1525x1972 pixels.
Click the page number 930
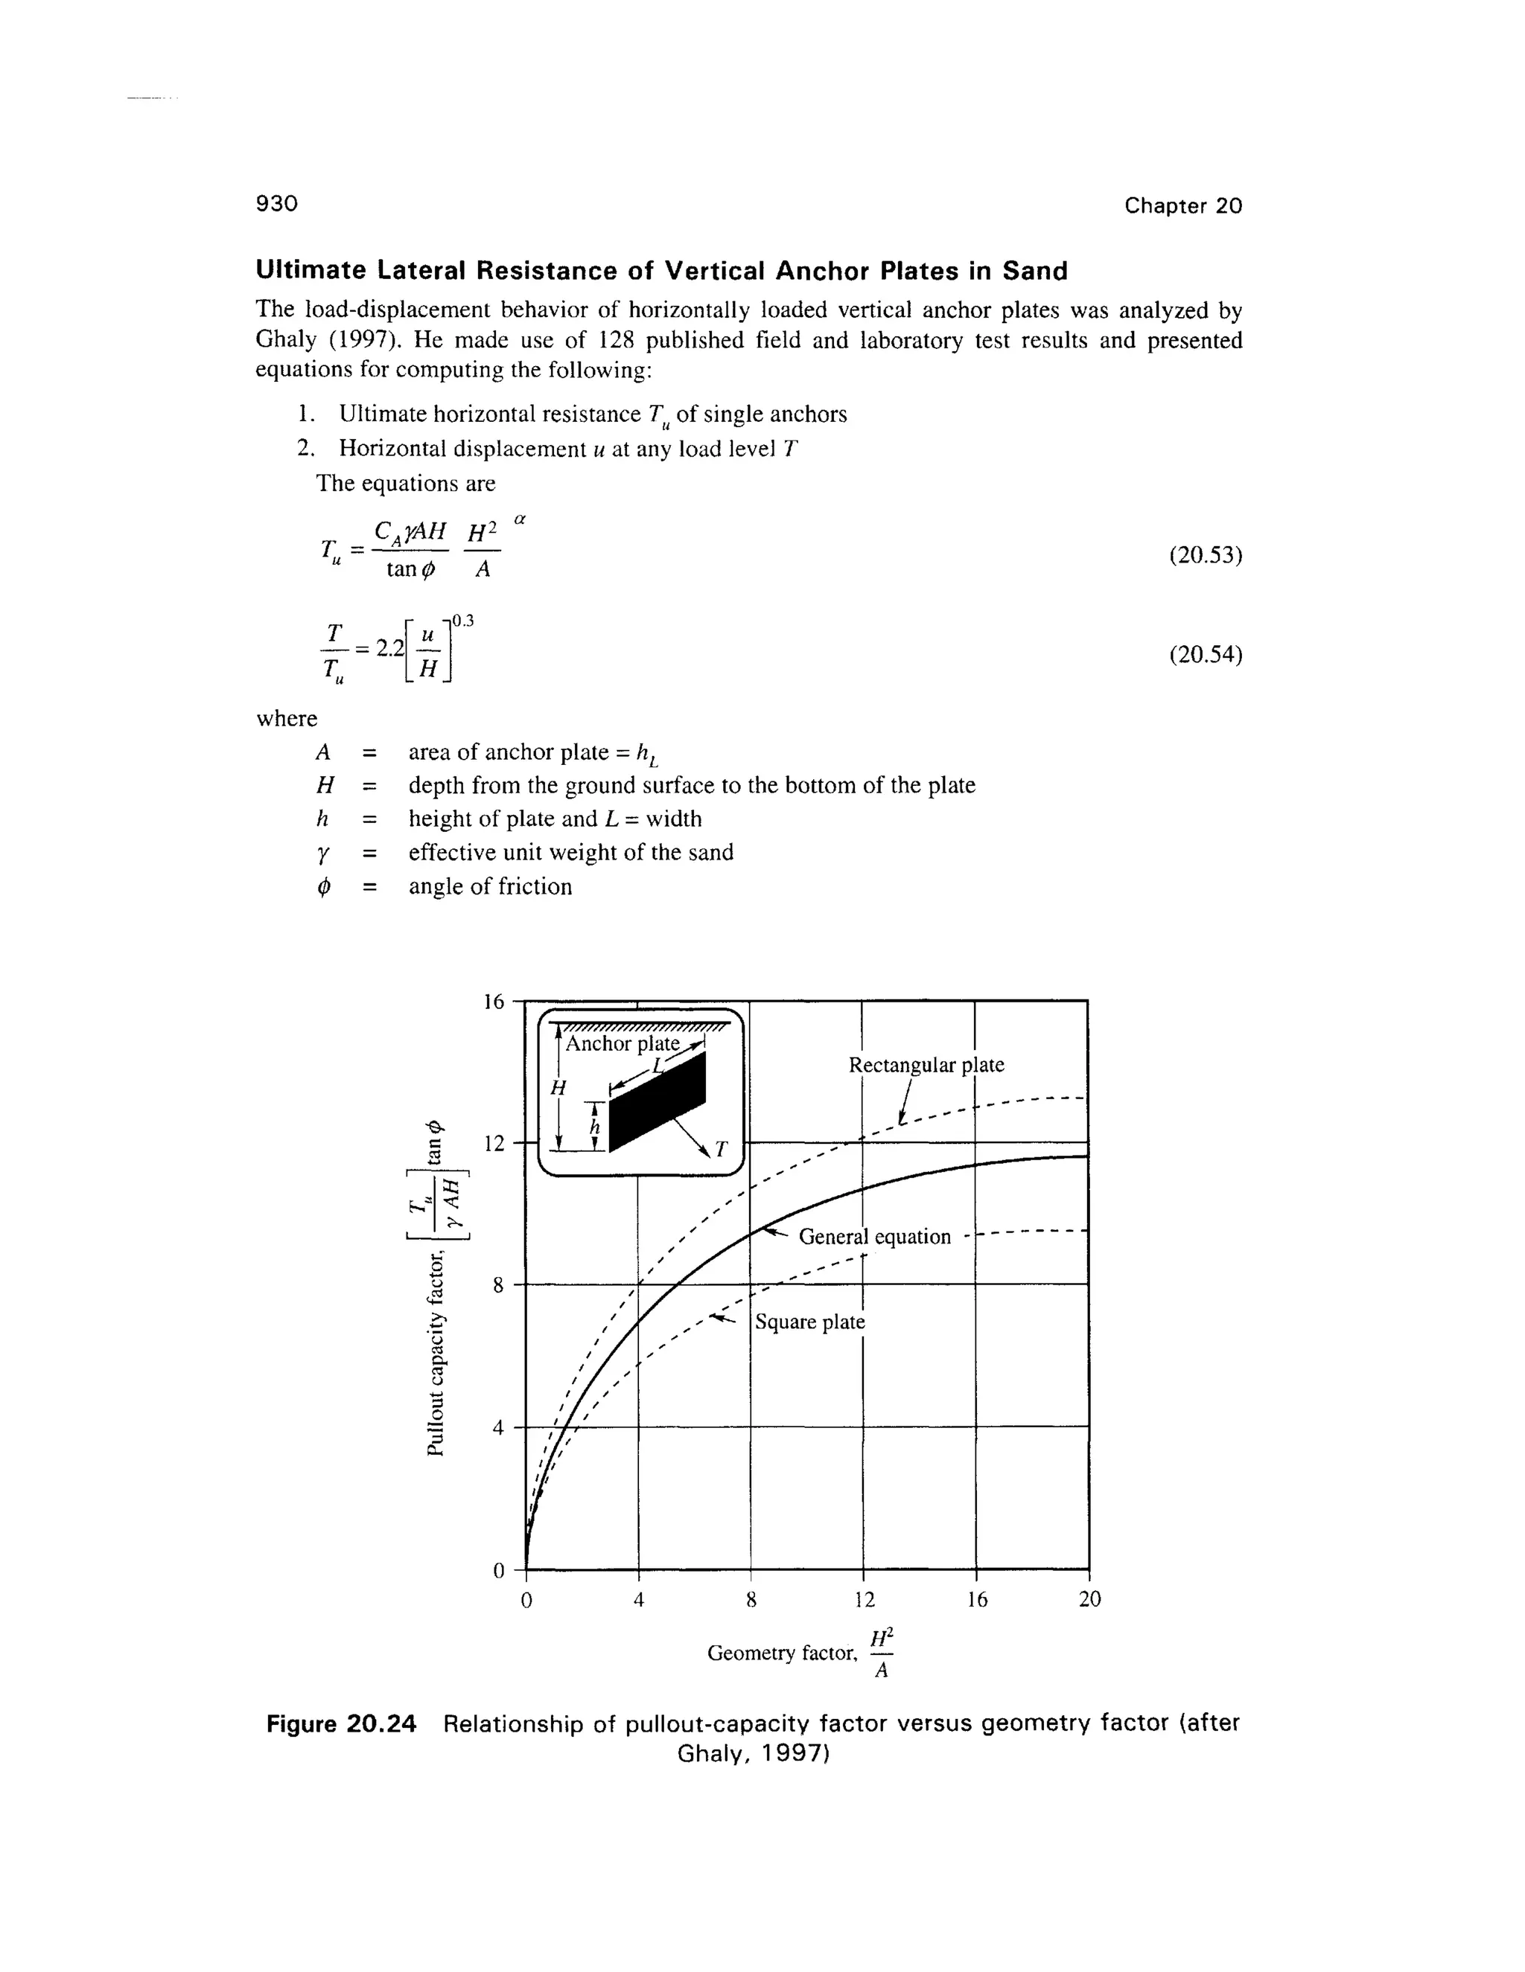point(276,204)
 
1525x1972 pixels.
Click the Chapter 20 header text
point(1182,206)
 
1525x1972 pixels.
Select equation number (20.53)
point(1206,555)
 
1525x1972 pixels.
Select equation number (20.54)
point(1206,655)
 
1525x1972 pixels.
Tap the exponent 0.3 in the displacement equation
point(462,621)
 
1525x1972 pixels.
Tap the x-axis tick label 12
point(864,1600)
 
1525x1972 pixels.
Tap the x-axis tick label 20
point(1089,1600)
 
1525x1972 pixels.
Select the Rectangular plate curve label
point(926,1066)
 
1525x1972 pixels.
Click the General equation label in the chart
point(874,1237)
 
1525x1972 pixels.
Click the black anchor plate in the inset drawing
point(660,1106)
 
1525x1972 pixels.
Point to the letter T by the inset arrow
point(720,1150)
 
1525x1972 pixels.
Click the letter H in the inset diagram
point(558,1089)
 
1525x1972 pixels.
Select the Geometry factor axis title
point(781,1654)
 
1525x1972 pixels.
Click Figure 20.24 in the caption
point(342,1723)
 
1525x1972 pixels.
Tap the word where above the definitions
point(287,719)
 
